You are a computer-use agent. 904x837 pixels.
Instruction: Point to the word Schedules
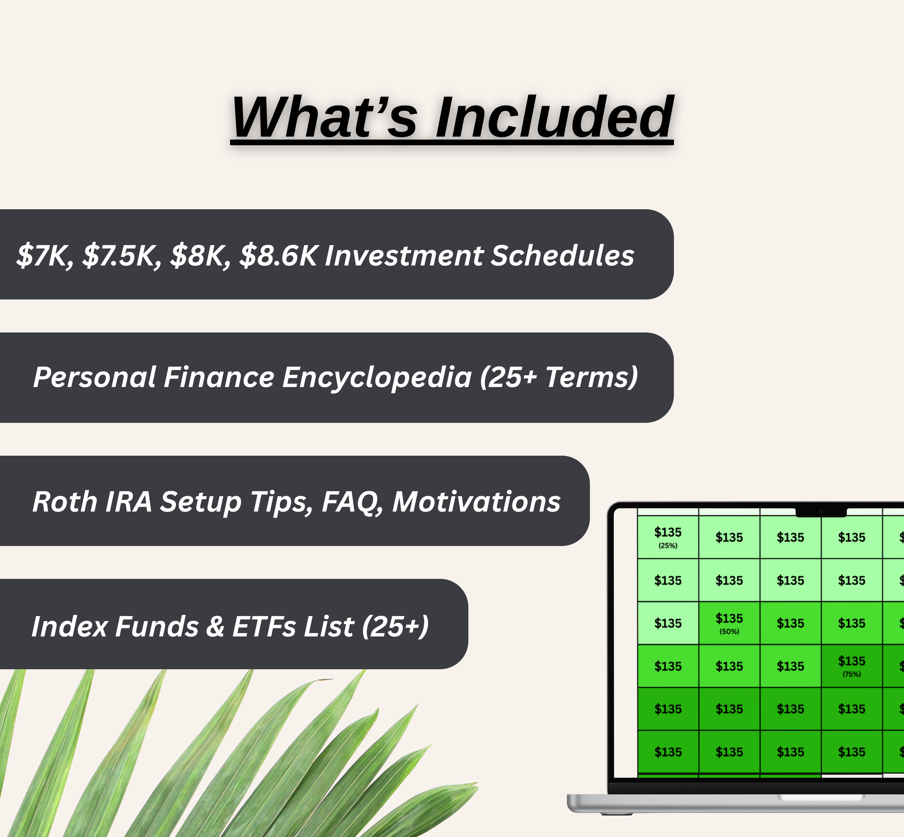562,255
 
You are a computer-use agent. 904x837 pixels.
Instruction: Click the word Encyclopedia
377,377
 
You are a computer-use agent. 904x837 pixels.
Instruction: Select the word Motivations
476,502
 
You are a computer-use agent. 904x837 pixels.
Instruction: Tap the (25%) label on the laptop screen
668,546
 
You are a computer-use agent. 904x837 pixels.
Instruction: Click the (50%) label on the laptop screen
729,631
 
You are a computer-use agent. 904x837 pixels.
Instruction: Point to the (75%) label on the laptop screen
851,674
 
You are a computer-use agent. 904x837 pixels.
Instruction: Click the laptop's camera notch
821,512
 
